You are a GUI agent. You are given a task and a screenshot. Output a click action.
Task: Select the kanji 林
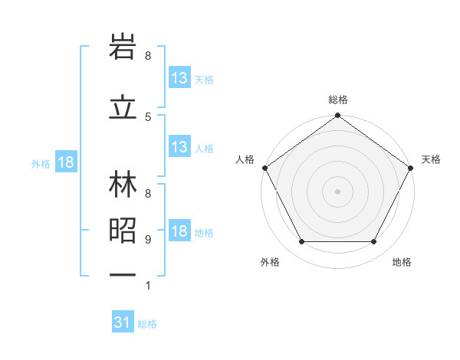click(123, 187)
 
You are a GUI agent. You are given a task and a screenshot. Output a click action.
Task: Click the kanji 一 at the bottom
click(123, 274)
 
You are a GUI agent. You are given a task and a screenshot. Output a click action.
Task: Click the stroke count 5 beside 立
click(148, 116)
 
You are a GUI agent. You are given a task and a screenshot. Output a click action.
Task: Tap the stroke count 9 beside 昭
click(148, 240)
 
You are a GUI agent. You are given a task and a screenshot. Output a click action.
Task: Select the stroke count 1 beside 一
click(148, 286)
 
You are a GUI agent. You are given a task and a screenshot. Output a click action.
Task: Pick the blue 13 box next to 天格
click(179, 78)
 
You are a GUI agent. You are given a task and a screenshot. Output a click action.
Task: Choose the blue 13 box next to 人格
click(179, 147)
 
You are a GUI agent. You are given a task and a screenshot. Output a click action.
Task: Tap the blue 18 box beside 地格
click(179, 232)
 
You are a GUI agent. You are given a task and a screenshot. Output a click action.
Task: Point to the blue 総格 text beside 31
click(147, 324)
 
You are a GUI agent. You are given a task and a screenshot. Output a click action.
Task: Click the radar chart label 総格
click(338, 100)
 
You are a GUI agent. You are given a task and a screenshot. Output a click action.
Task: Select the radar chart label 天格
click(431, 159)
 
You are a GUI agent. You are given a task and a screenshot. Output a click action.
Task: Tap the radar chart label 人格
click(245, 159)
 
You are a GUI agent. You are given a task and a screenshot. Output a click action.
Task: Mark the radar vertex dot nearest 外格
click(301, 242)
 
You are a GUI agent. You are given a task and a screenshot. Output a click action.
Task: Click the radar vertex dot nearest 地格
click(374, 242)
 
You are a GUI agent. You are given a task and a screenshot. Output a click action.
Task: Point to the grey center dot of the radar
click(338, 191)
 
